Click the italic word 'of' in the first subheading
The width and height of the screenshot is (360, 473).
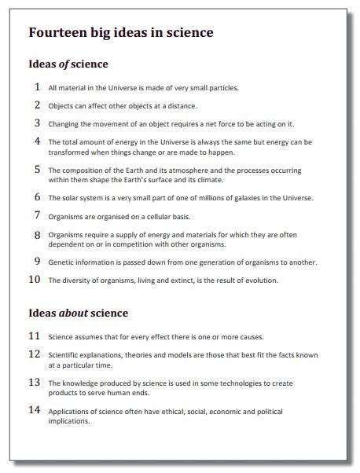tap(64, 64)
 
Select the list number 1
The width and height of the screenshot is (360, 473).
tap(37, 87)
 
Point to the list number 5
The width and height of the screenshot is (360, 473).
tap(37, 169)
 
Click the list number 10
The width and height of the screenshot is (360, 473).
tap(34, 279)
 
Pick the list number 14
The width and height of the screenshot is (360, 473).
tap(34, 410)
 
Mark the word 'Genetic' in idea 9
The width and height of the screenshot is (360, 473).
tap(61, 262)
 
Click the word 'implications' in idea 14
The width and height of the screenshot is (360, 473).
tap(69, 420)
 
